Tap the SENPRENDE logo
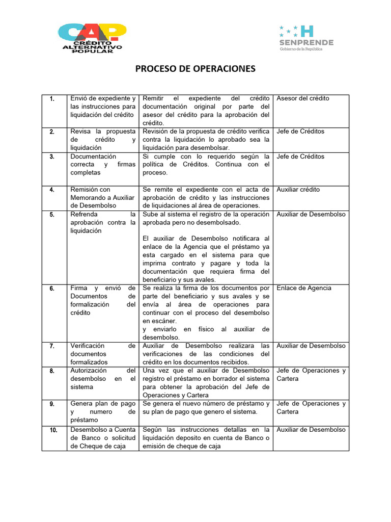[x=305, y=38]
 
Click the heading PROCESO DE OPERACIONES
[x=195, y=68]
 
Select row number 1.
[x=52, y=99]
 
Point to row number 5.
[x=52, y=215]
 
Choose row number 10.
[x=53, y=430]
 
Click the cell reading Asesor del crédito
[x=303, y=98]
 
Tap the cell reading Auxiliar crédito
[x=298, y=190]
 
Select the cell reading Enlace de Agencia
[x=304, y=288]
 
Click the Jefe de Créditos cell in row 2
[x=300, y=132]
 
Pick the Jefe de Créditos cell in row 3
[x=300, y=156]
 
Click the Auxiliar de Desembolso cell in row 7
[x=311, y=346]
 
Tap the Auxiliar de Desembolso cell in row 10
[x=311, y=430]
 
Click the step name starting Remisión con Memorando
[x=102, y=197]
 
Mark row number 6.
[x=52, y=289]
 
